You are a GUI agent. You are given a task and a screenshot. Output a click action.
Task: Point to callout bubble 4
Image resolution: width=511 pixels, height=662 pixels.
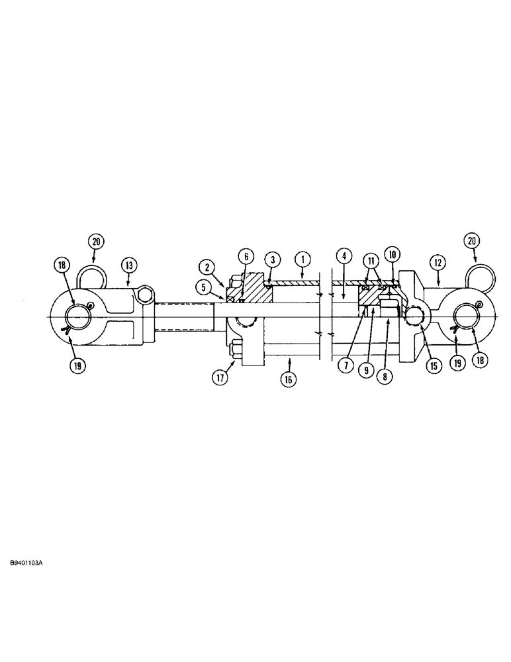tap(344, 255)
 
